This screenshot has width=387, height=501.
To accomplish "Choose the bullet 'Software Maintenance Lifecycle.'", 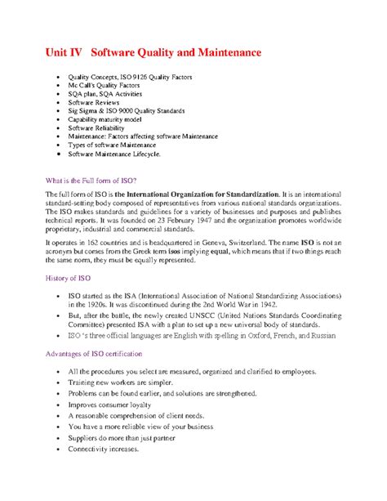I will point(114,153).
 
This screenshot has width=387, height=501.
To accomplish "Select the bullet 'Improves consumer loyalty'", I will point(115,404).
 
